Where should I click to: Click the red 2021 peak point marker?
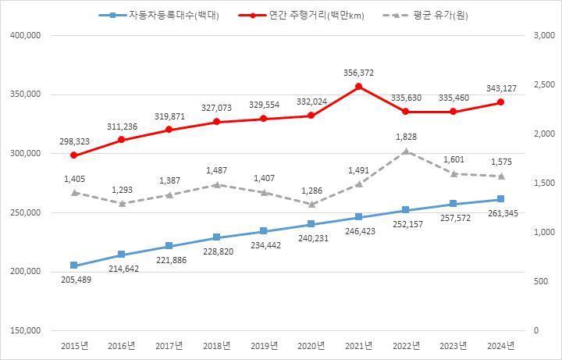tap(358, 87)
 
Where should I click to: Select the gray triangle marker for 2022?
tap(406, 151)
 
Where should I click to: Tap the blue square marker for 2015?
tap(73, 266)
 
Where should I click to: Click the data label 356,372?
tap(358, 73)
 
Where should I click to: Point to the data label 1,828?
tap(406, 137)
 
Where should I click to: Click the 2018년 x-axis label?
tap(216, 345)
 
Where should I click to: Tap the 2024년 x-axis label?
tap(501, 345)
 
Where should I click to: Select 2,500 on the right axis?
tap(542, 85)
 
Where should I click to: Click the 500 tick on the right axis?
tap(539, 281)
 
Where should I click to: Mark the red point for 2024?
tap(501, 102)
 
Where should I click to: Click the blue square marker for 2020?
tap(311, 225)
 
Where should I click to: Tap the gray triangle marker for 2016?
tap(121, 203)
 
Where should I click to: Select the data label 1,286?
tap(311, 191)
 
